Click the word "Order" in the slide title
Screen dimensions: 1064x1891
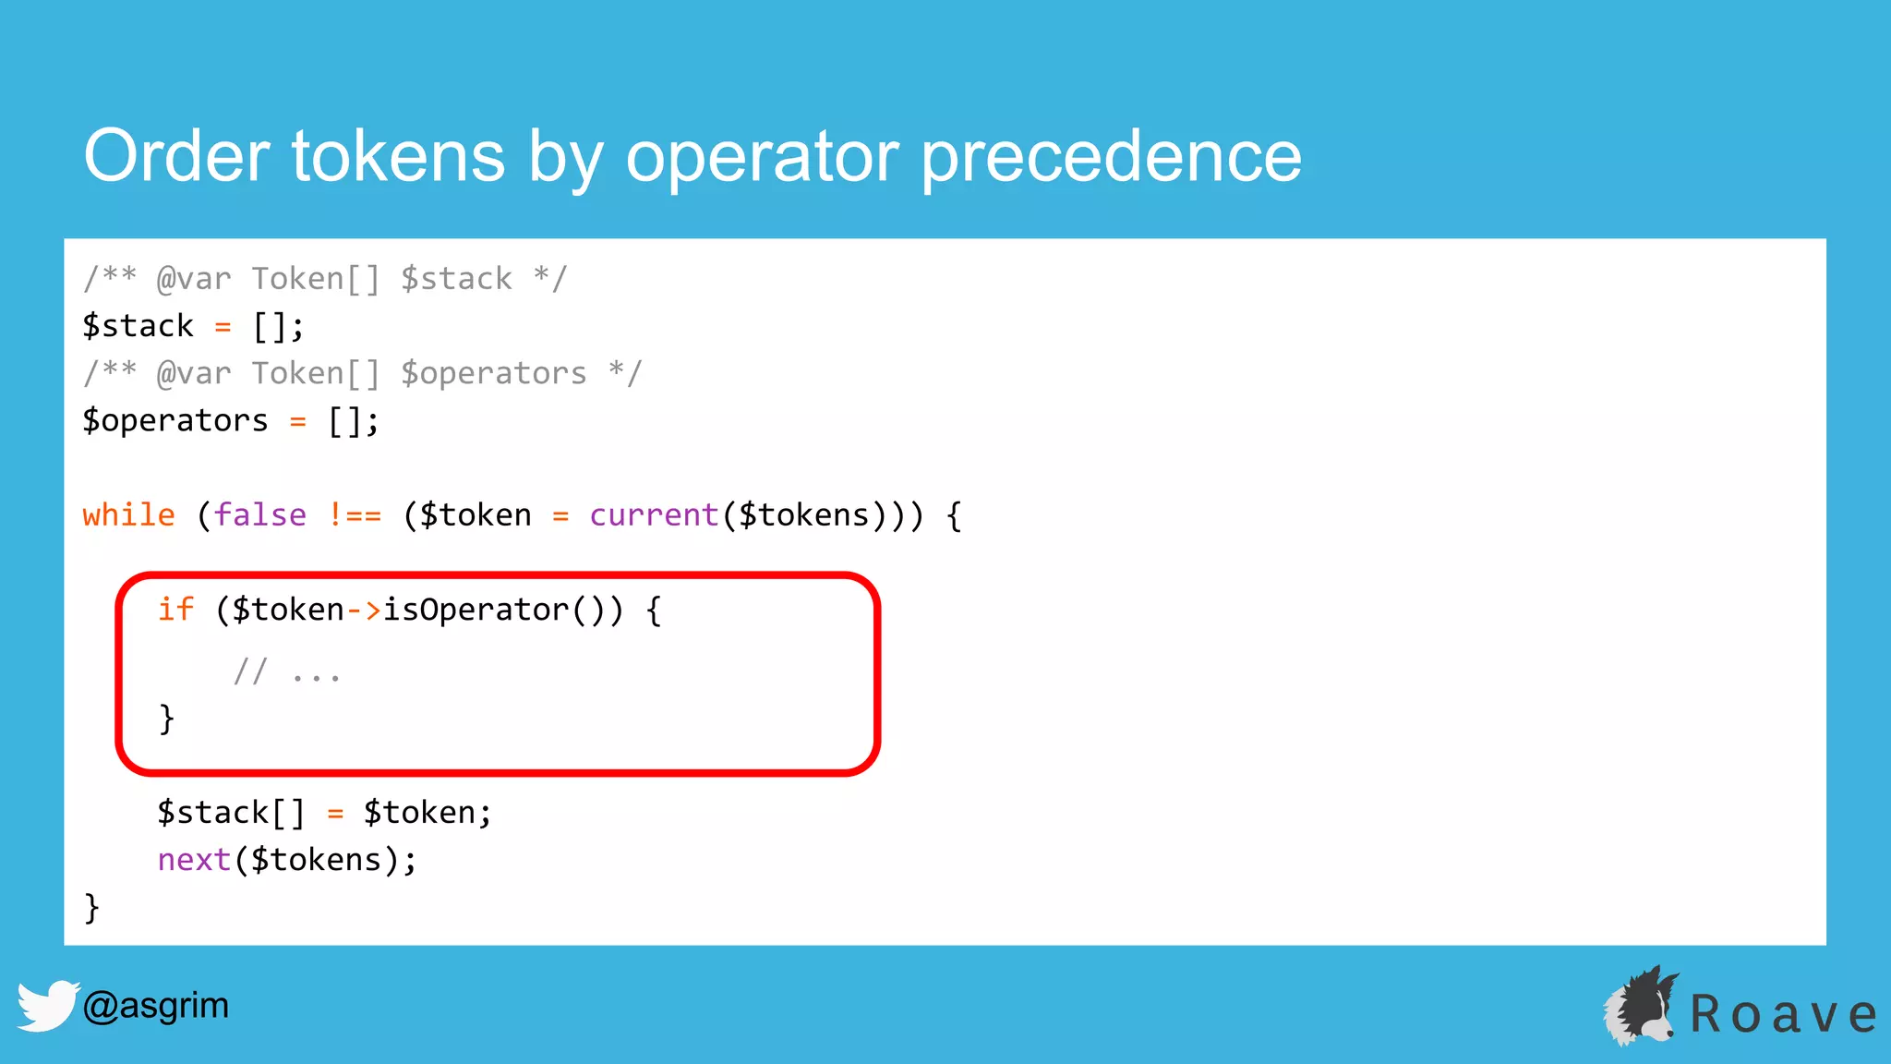pyautogui.click(x=176, y=155)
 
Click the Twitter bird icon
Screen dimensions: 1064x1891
pyautogui.click(x=46, y=1005)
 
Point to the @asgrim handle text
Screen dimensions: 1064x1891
pyautogui.click(x=155, y=1005)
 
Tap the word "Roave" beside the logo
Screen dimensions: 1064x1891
pyautogui.click(x=1783, y=1014)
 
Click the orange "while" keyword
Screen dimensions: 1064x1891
pyautogui.click(x=128, y=514)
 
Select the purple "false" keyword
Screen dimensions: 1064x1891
pyautogui.click(x=259, y=514)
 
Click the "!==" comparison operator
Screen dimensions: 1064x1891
pyautogui.click(x=355, y=514)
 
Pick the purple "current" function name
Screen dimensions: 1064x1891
pyautogui.click(x=654, y=514)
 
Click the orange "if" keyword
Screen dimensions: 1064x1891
pyautogui.click(x=175, y=610)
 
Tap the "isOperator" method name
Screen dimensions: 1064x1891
pyautogui.click(x=476, y=610)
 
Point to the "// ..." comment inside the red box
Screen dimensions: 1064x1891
pyautogui.click(x=286, y=672)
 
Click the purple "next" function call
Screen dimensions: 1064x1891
pyautogui.click(x=194, y=860)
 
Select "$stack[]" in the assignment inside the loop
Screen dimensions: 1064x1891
pyautogui.click(x=231, y=813)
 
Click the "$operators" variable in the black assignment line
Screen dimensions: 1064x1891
pyautogui.click(x=175, y=420)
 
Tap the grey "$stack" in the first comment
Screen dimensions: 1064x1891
pyautogui.click(x=456, y=278)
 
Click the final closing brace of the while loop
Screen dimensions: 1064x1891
pyautogui.click(x=91, y=908)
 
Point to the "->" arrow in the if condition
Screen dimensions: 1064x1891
pyautogui.click(x=364, y=610)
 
